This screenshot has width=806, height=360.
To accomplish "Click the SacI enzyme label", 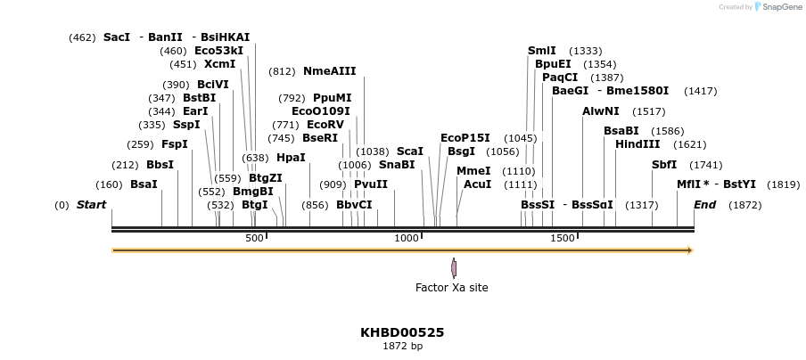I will click(117, 37).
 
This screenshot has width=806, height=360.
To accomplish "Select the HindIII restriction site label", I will click(637, 144).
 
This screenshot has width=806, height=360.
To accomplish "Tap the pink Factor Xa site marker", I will click(454, 267).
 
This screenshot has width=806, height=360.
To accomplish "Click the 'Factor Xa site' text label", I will click(452, 288).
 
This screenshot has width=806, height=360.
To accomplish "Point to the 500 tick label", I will click(255, 238).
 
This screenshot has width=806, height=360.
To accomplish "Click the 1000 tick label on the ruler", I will click(407, 238).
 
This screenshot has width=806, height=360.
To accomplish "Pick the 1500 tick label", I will click(563, 238).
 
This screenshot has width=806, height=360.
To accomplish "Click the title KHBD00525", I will click(402, 332).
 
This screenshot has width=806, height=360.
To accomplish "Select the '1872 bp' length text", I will click(402, 346).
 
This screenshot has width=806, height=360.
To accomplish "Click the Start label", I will click(91, 205).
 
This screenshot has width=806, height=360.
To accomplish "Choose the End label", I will click(704, 205).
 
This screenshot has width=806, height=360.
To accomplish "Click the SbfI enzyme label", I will click(664, 165).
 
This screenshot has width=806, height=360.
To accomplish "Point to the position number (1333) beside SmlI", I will click(585, 51).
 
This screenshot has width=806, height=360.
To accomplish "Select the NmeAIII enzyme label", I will click(329, 71).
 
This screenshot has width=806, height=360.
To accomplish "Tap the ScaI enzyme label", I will click(410, 151).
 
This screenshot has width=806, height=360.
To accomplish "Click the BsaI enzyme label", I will click(144, 184).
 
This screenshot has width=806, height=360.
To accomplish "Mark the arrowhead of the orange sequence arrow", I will click(689, 250).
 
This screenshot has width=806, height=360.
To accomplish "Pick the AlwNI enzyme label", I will click(600, 111).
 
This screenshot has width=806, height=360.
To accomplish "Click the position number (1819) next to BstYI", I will click(783, 184).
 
